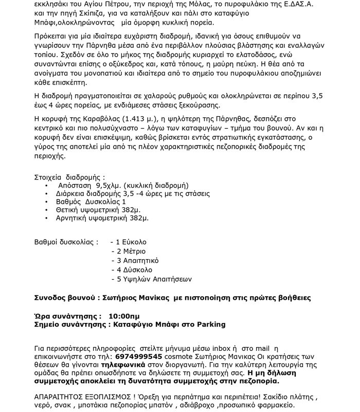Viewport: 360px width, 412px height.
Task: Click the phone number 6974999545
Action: click(x=140, y=356)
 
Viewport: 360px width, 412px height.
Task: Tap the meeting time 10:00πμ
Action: click(x=124, y=315)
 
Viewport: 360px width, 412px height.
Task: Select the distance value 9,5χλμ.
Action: click(x=110, y=185)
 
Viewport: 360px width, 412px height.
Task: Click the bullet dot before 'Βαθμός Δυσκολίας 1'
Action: click(x=47, y=202)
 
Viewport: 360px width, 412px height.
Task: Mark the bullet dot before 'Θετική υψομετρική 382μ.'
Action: click(x=47, y=210)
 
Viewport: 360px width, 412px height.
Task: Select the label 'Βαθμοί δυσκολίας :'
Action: click(x=65, y=242)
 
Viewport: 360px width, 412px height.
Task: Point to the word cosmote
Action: click(x=180, y=356)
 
